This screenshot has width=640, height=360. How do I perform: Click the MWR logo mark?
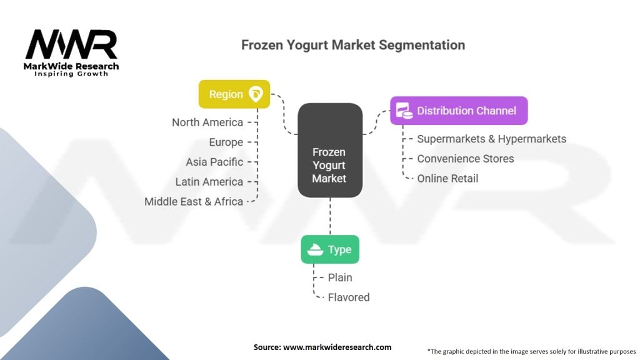pyautogui.click(x=71, y=44)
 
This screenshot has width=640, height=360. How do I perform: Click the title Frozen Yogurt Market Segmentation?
pyautogui.click(x=353, y=45)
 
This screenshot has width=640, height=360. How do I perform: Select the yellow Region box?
pyautogui.click(x=234, y=94)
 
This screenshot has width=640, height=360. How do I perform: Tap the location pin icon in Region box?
pyautogui.click(x=256, y=94)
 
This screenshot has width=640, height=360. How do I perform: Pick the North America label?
pyautogui.click(x=207, y=122)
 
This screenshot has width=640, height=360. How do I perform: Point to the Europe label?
pyautogui.click(x=226, y=142)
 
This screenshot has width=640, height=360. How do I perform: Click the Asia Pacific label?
pyautogui.click(x=215, y=162)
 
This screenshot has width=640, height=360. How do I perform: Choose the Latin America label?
pyautogui.click(x=209, y=182)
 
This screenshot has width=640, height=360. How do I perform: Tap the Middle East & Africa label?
pyautogui.click(x=194, y=202)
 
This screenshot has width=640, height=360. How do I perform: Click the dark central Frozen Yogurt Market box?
pyautogui.click(x=330, y=150)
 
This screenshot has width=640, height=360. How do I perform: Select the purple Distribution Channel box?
pyautogui.click(x=459, y=111)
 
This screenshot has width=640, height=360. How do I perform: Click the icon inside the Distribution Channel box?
pyautogui.click(x=404, y=111)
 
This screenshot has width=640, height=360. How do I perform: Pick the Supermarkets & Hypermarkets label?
pyautogui.click(x=492, y=139)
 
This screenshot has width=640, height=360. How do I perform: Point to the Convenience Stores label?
pyautogui.click(x=466, y=159)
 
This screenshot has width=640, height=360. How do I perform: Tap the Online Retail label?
pyautogui.click(x=447, y=178)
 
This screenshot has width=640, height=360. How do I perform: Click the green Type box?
pyautogui.click(x=330, y=249)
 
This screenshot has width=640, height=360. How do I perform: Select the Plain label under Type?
pyautogui.click(x=340, y=277)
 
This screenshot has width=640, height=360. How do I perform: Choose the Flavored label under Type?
pyautogui.click(x=349, y=297)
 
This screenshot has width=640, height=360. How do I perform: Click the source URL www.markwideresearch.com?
pyautogui.click(x=337, y=347)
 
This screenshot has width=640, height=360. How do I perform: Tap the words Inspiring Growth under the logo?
pyautogui.click(x=71, y=74)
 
